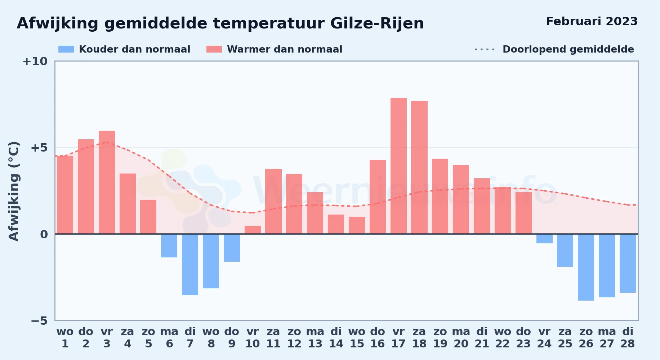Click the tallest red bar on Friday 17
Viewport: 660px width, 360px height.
(398, 166)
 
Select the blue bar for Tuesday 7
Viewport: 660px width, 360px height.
(190, 265)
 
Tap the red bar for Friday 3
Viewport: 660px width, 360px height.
(107, 182)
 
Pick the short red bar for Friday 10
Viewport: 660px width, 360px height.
(253, 230)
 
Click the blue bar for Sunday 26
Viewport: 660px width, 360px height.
(586, 267)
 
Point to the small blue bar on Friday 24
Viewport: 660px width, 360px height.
(544, 239)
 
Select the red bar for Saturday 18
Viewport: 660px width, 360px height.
(419, 167)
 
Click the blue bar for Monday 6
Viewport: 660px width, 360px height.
(169, 246)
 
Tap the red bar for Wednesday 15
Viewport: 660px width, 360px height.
(357, 225)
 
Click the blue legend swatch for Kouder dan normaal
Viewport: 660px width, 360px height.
(66, 49)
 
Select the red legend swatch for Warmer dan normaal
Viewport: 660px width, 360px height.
(214, 49)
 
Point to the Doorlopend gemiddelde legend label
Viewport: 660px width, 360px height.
(568, 49)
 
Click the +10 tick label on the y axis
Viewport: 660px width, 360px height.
(35, 61)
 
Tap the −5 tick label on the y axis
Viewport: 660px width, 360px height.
(39, 320)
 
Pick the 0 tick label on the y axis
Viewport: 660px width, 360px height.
(44, 234)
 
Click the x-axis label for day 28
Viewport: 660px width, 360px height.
(628, 337)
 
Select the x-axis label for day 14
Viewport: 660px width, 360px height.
(336, 337)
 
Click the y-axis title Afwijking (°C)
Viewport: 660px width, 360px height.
(14, 191)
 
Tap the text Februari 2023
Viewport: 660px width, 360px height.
(592, 21)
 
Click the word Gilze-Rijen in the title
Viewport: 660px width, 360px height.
(377, 23)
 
